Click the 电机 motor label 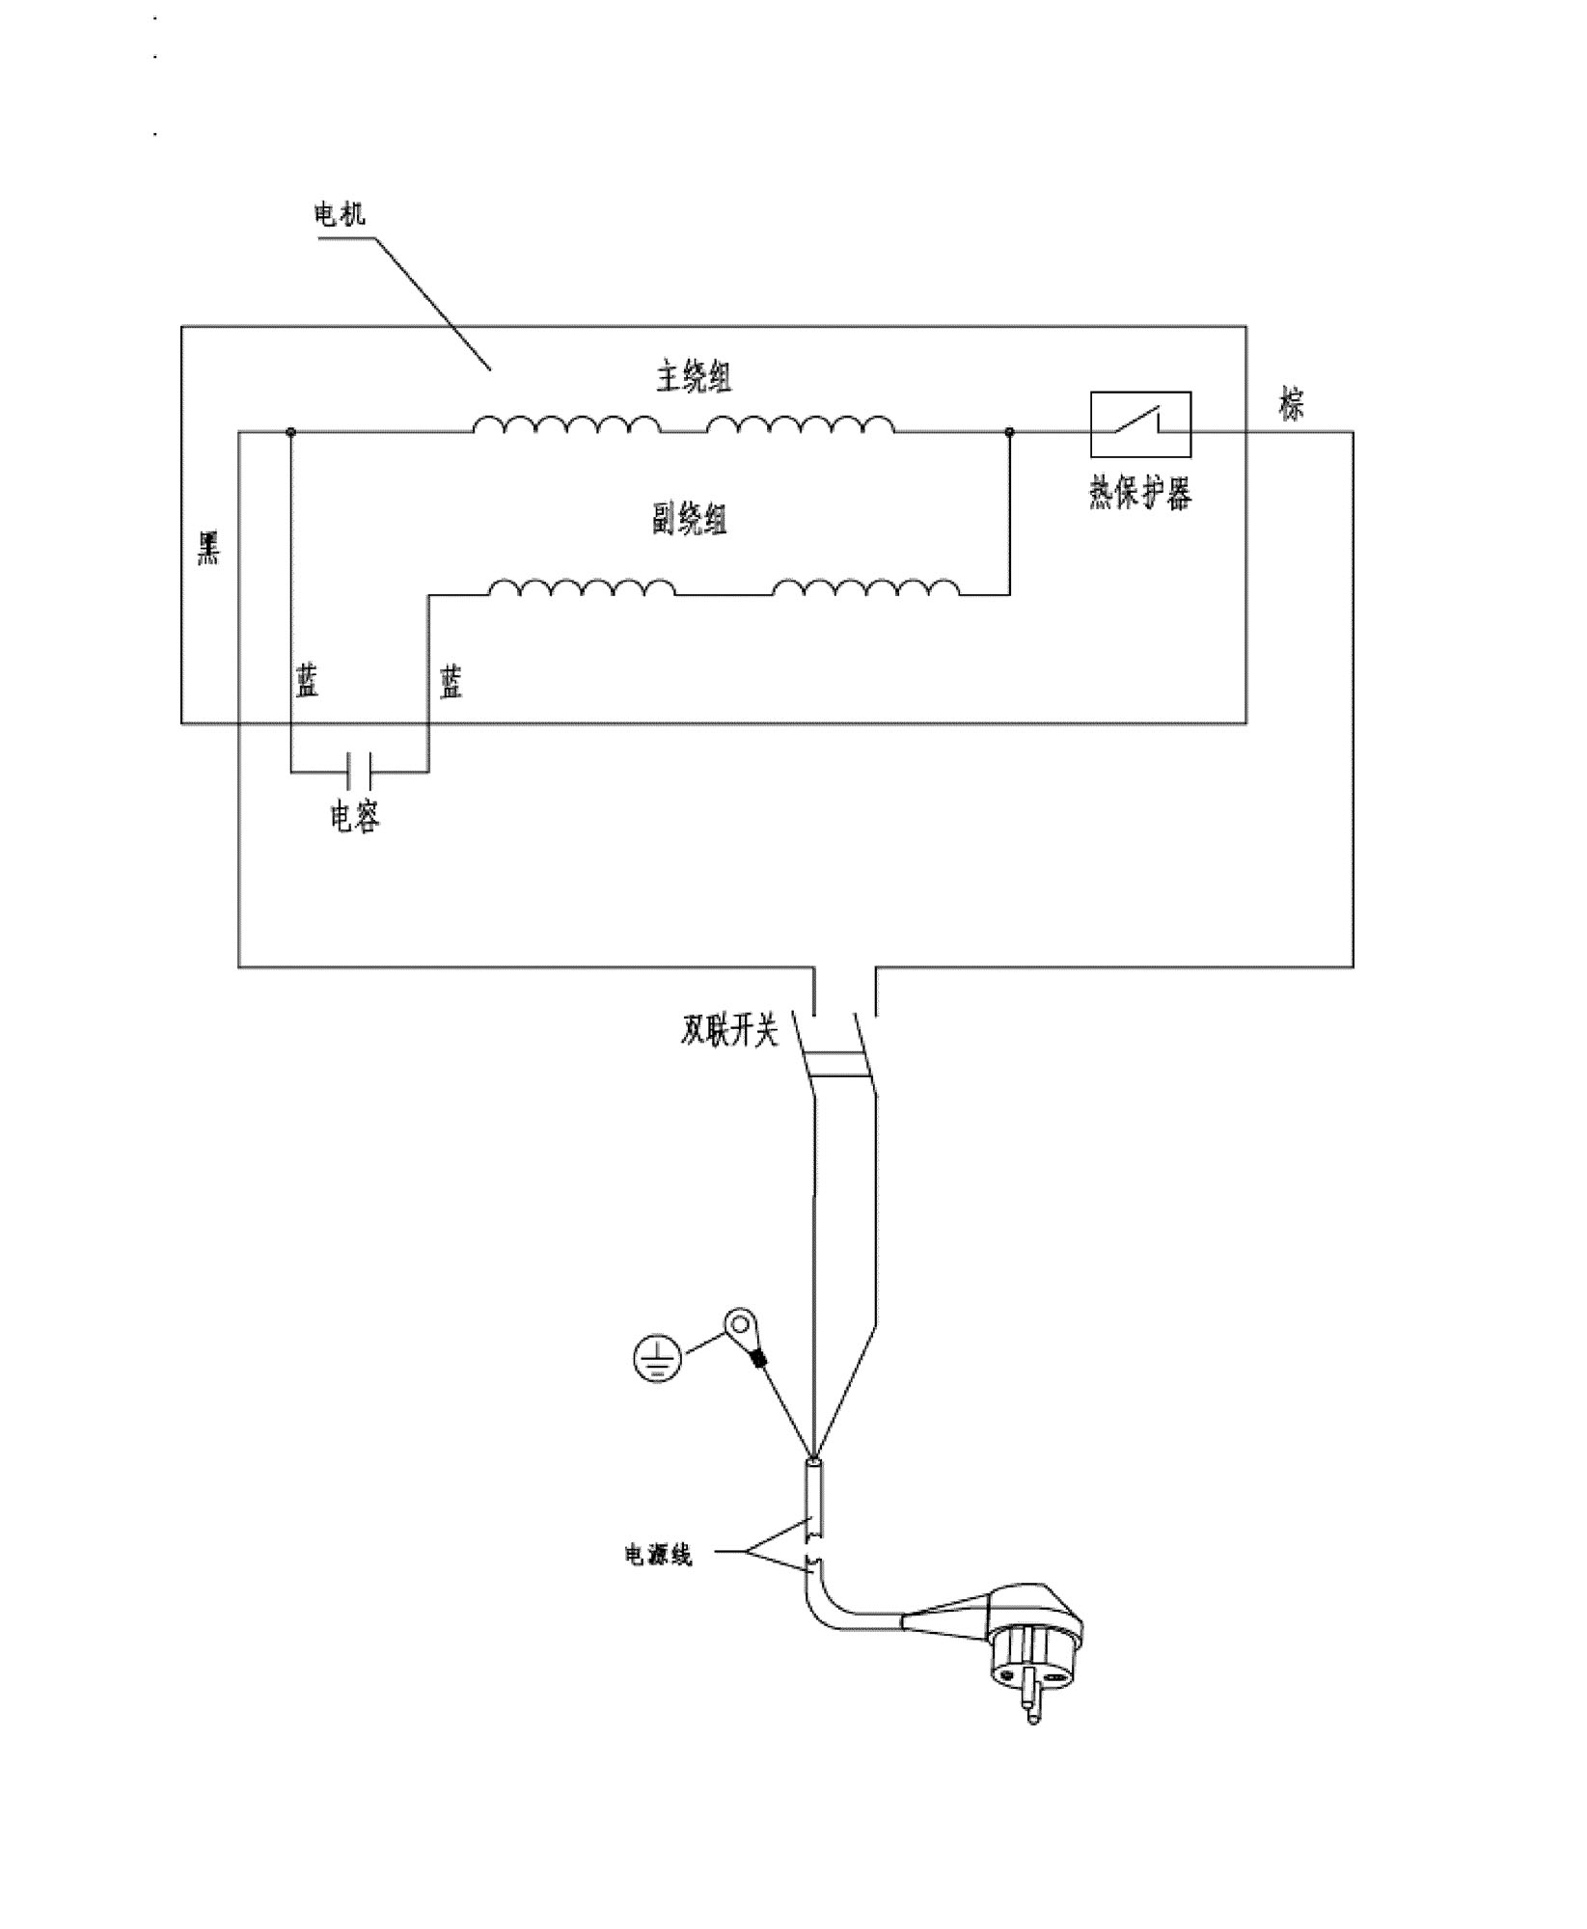[341, 213]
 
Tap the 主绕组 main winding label [694, 377]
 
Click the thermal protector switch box [1140, 423]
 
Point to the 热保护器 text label [1140, 493]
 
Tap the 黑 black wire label [208, 547]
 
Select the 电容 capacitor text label [355, 818]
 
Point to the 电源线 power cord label [659, 1583]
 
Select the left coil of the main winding [566, 424]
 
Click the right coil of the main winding [801, 424]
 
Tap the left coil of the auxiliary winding [582, 587]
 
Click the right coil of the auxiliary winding [866, 587]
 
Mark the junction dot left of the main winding [290, 432]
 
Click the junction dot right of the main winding [1009, 432]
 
